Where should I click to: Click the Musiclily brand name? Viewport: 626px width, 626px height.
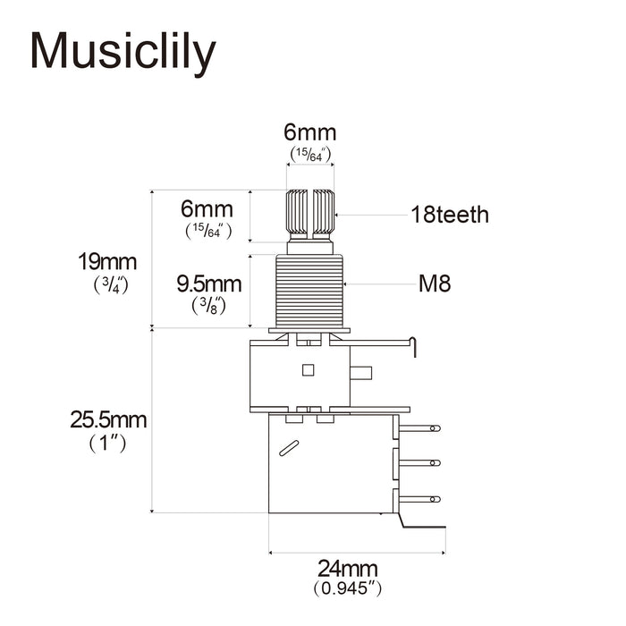(123, 52)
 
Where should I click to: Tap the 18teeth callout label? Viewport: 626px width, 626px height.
(450, 215)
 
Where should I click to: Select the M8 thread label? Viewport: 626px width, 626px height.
(435, 283)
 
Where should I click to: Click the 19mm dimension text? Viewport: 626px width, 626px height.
(107, 262)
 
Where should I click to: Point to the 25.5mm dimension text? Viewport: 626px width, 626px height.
(108, 420)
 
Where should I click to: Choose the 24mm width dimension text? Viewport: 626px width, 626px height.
(347, 569)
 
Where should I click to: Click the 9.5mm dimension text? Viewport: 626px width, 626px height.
(209, 283)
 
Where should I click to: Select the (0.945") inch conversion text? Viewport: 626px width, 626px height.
(347, 588)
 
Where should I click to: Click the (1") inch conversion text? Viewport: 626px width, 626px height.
(108, 444)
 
